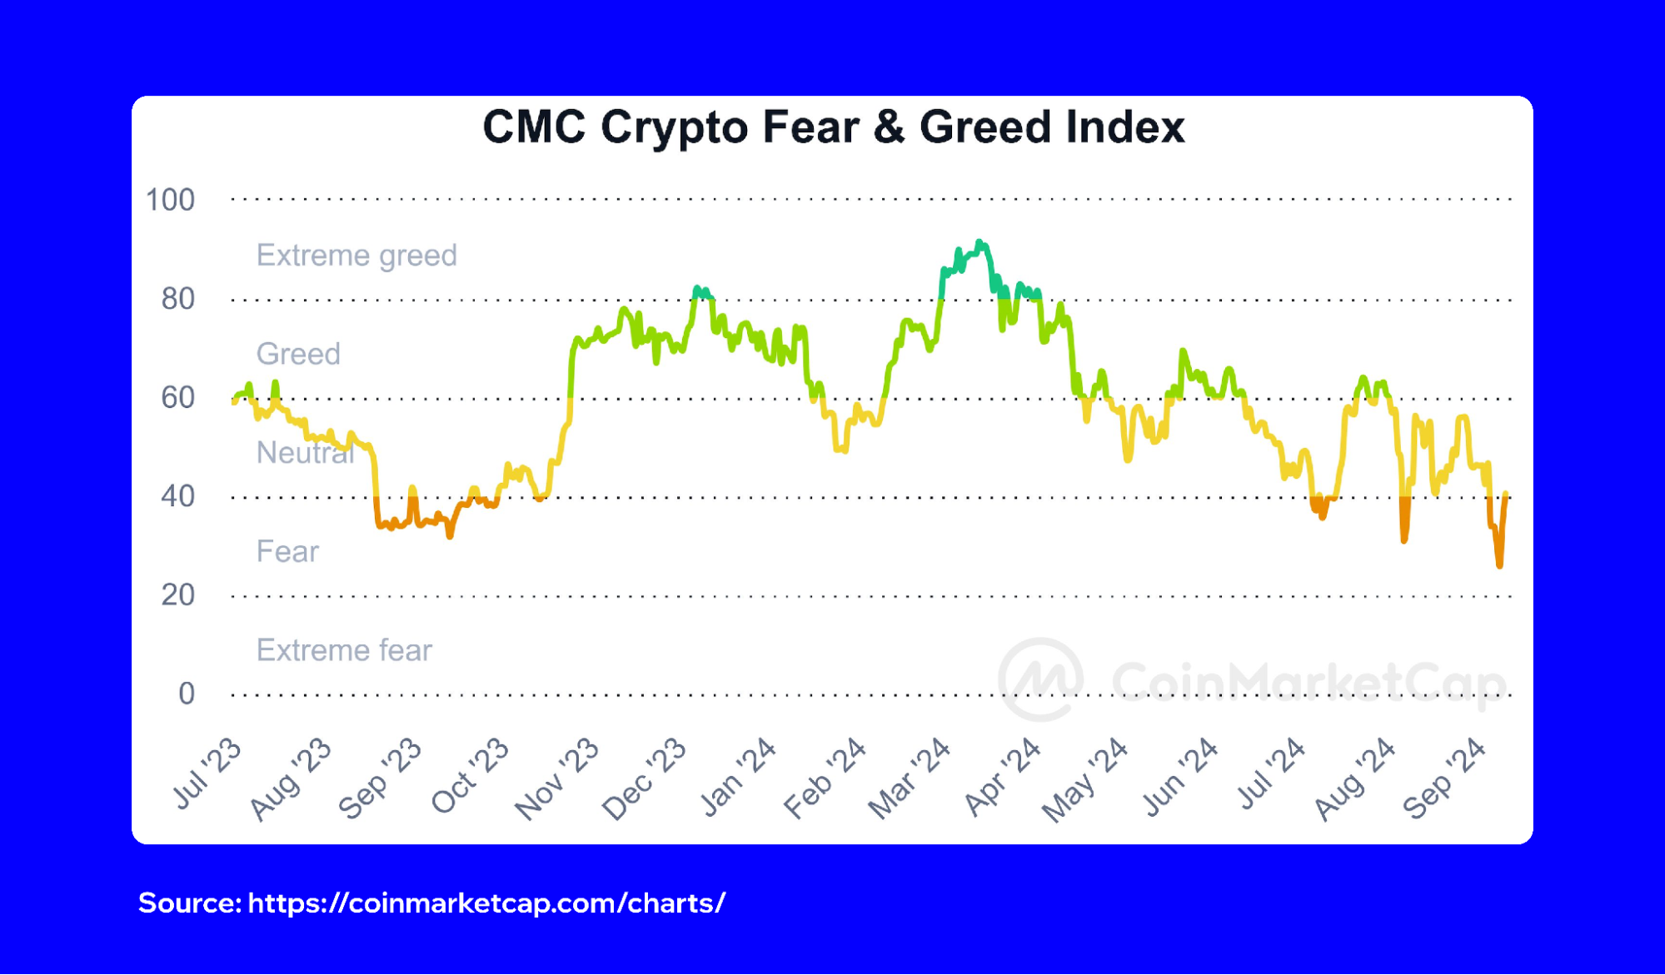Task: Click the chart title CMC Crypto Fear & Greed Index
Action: [833, 127]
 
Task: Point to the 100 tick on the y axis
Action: [170, 200]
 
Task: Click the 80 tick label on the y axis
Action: [177, 299]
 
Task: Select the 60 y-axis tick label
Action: [177, 397]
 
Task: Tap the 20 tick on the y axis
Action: [177, 594]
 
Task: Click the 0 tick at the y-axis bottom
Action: [186, 694]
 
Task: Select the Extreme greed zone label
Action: [356, 255]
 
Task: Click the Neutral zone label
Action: [305, 453]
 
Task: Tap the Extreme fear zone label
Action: [344, 650]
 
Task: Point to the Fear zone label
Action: [287, 551]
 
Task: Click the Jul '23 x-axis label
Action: [207, 774]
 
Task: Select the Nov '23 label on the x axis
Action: [556, 779]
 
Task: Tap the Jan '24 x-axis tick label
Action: [738, 777]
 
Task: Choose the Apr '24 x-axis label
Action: [1002, 777]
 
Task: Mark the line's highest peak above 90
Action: [980, 242]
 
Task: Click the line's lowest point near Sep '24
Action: [1499, 565]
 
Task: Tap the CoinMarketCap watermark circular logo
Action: [1041, 680]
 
